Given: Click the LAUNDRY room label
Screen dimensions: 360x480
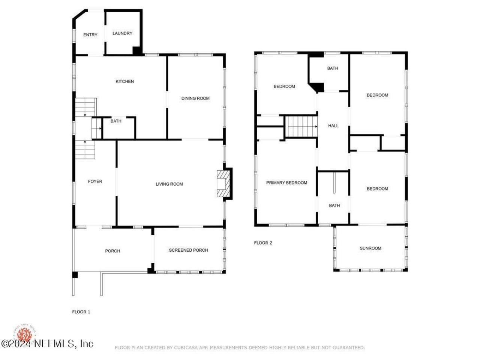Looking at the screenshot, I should coord(122,33).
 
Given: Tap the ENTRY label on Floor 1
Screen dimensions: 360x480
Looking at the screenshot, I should coord(90,35).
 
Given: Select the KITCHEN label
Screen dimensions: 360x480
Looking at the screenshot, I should coord(124,81).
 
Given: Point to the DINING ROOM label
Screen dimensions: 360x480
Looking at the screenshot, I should coord(195,98).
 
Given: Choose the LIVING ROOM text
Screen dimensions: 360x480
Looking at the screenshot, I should coord(169,184).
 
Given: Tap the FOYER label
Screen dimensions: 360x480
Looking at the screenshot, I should coord(95,181).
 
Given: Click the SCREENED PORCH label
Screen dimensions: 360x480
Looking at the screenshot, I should coord(188,250).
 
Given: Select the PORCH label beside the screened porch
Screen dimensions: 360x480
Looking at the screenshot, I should coord(112,251).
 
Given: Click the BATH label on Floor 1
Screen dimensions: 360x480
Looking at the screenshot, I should coord(116,121).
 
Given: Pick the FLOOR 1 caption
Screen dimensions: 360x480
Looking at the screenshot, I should coord(81,312).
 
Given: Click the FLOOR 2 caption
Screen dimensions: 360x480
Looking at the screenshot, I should coord(263,243).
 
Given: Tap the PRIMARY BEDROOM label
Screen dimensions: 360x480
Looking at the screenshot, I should coord(286,183).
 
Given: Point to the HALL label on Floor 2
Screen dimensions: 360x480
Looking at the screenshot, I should coord(333,126).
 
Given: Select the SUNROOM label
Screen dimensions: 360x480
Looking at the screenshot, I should coord(370,248).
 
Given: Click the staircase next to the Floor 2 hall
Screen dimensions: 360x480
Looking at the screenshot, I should coord(301,126).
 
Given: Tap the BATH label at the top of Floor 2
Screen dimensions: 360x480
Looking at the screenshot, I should coord(332,68).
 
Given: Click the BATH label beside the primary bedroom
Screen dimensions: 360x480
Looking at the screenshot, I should coord(334,205).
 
